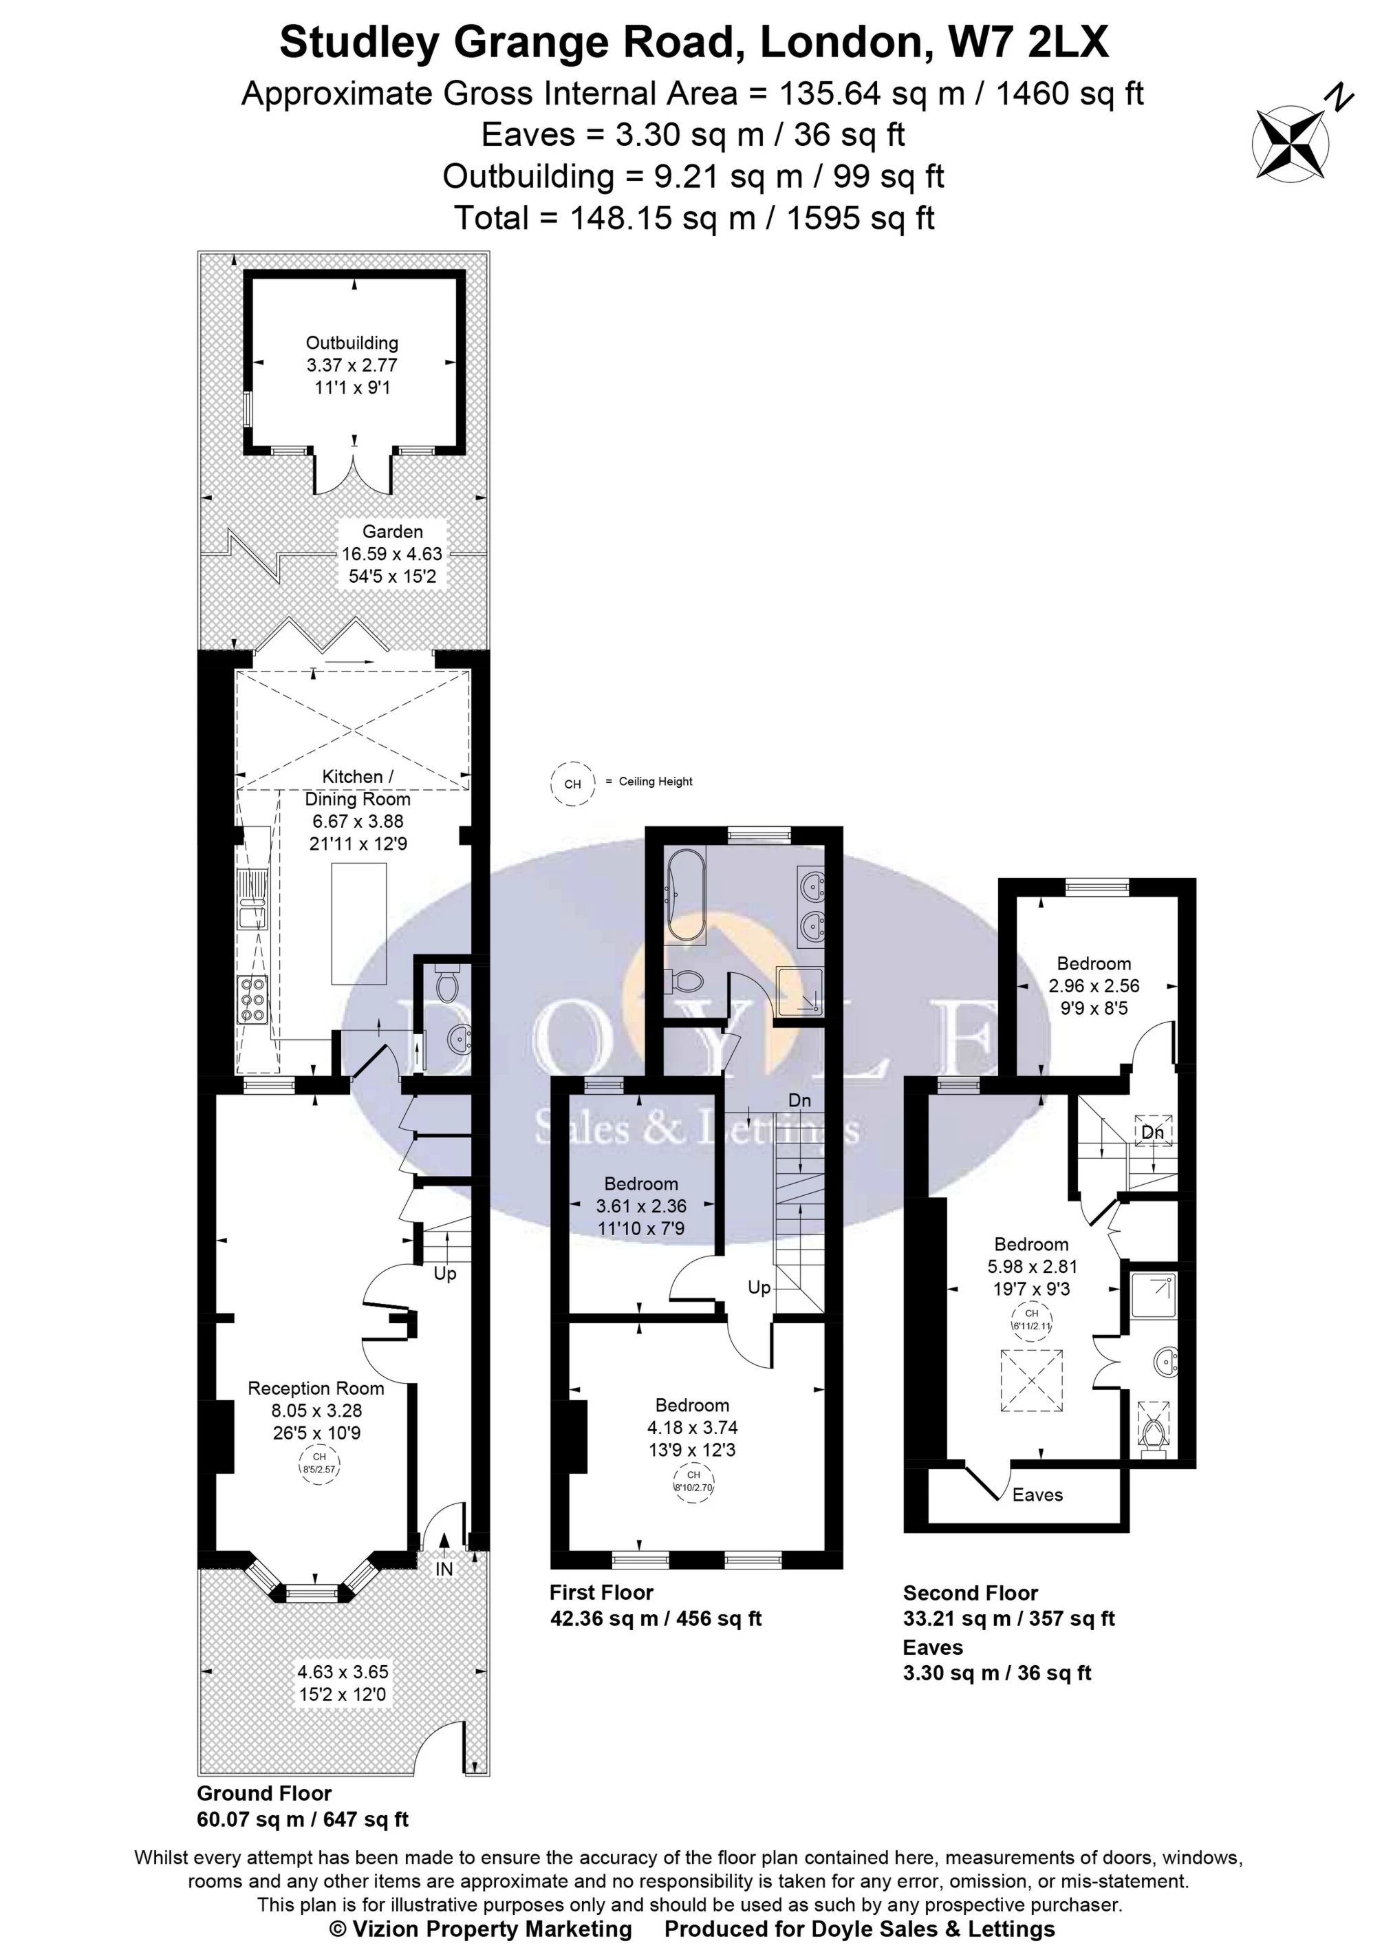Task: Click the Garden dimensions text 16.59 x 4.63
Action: (392, 554)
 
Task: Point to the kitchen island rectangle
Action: (358, 925)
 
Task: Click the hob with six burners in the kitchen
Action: (254, 1000)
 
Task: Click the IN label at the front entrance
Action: (444, 1569)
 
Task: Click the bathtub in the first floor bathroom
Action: (685, 894)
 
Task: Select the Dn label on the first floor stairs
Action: (799, 1100)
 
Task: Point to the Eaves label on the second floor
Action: (1037, 1495)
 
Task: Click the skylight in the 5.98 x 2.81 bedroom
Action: (1033, 1380)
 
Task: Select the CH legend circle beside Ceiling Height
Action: (572, 783)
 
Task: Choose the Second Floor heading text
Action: (970, 1593)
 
